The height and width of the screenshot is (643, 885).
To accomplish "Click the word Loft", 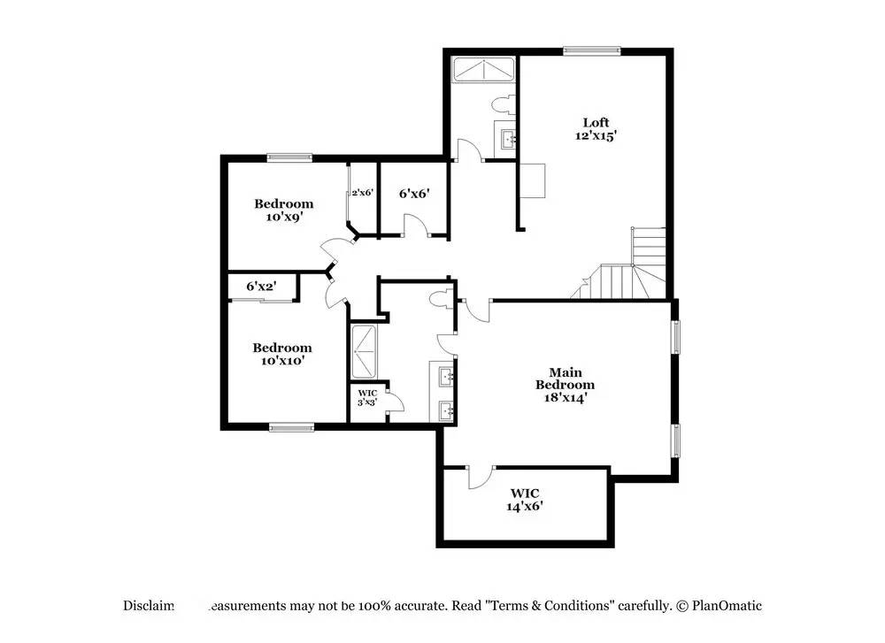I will click(596, 122).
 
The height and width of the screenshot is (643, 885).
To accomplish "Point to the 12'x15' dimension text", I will click(596, 136).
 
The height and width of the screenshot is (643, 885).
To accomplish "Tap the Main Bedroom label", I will click(565, 379).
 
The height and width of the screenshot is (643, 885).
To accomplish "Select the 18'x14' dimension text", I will click(566, 397).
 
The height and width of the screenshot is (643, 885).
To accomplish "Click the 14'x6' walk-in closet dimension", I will click(524, 507).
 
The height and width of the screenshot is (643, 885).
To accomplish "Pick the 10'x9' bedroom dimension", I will click(283, 217).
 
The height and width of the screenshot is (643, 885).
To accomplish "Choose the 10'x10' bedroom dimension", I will click(281, 361).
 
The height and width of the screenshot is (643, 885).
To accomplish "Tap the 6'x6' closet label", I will click(414, 193).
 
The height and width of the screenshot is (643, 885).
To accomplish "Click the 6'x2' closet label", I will click(261, 286).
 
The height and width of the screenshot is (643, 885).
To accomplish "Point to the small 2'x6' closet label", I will click(362, 192).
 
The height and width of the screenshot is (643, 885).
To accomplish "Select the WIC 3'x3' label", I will click(367, 397).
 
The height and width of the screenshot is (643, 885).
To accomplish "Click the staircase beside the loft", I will click(630, 265).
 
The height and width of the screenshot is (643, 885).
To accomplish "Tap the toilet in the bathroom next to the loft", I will click(502, 105).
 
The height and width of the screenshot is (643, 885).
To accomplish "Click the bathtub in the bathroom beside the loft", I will click(483, 69).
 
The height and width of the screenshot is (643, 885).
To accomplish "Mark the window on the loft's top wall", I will click(592, 50).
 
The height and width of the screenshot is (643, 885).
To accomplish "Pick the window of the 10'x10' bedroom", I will click(291, 428).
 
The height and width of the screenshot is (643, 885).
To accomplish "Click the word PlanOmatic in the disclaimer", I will click(727, 606).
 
